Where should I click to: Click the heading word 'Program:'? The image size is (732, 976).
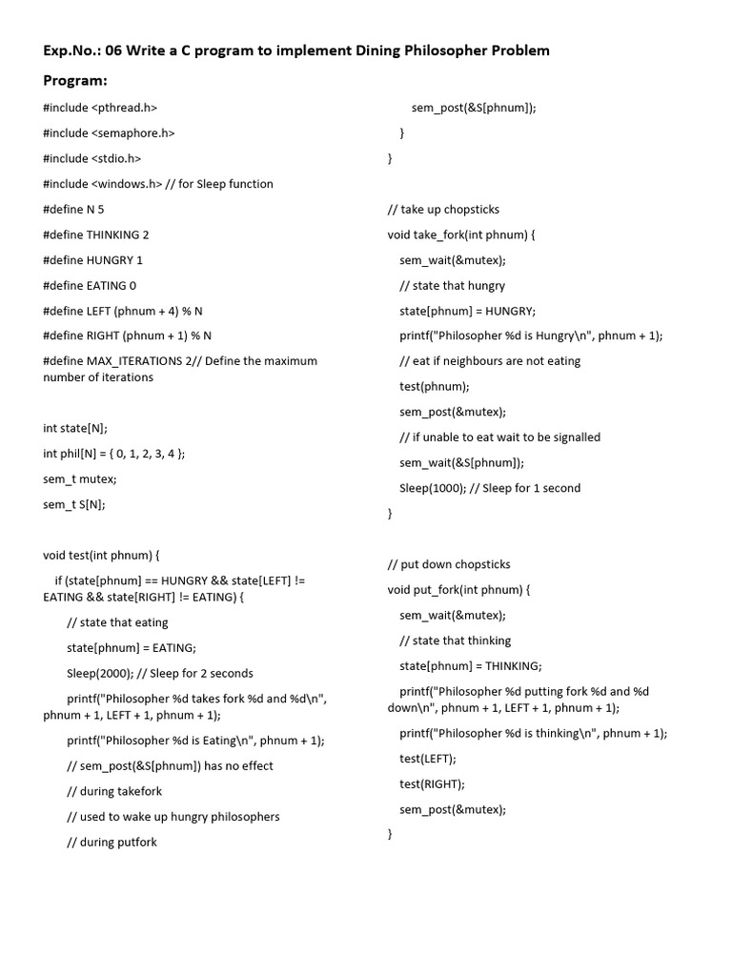point(75,81)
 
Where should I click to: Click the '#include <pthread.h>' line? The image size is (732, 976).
point(100,109)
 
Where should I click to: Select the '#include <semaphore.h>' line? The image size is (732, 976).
point(109,133)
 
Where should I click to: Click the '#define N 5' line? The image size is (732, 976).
point(73,210)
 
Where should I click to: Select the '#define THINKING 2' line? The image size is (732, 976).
point(95,234)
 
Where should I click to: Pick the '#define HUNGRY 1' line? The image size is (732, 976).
point(92,260)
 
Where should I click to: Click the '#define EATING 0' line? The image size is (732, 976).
point(90,285)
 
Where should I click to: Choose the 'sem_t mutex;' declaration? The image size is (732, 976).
point(80,478)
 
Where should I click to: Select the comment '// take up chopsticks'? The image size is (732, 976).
point(443,210)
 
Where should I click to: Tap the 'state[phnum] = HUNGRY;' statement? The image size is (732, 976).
point(467,311)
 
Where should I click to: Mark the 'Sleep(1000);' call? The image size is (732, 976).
point(433,488)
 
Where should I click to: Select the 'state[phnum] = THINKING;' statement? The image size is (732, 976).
point(471,665)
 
